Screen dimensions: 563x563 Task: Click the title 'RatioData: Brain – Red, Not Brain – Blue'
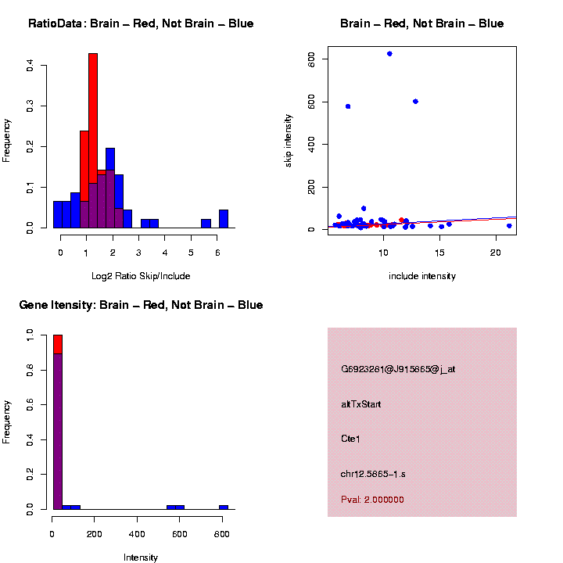(141, 23)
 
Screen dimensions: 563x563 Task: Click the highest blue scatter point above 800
(389, 54)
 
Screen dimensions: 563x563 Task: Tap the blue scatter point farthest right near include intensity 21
(509, 226)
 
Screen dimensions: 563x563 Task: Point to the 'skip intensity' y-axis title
(288, 138)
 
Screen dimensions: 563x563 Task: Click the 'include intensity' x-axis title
(422, 276)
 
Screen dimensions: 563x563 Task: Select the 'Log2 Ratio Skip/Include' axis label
(141, 276)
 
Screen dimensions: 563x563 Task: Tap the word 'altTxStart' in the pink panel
(361, 404)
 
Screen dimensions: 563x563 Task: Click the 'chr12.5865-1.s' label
(373, 474)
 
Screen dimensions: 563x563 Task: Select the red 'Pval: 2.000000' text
(372, 500)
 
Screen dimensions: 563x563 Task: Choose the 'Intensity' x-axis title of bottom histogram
(141, 558)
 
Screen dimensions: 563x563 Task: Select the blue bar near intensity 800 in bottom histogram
(224, 507)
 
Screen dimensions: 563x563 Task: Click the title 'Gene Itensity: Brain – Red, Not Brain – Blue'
(141, 305)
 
